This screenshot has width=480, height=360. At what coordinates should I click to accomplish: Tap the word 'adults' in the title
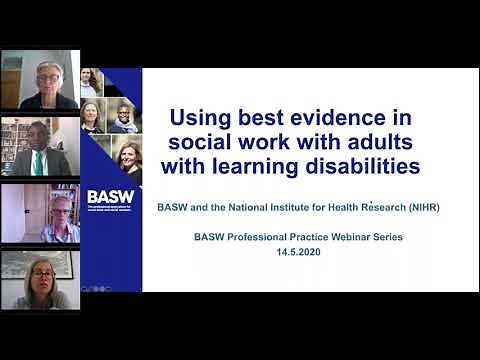(371, 141)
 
